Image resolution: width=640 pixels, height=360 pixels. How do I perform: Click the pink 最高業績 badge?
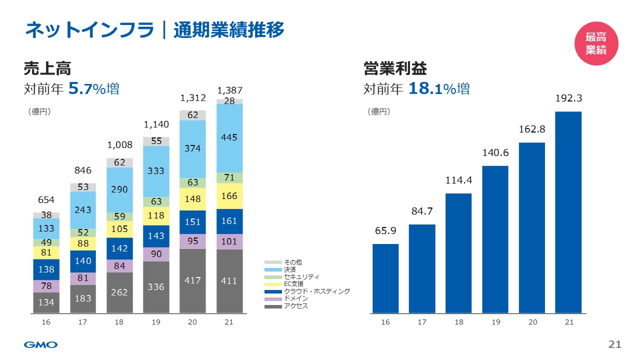[595, 43]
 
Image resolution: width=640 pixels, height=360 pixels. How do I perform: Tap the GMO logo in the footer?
[41, 344]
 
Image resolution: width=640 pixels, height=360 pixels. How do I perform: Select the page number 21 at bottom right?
[614, 344]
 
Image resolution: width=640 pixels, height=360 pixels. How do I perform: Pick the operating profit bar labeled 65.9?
[385, 278]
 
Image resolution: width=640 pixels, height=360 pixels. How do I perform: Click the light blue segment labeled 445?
[229, 138]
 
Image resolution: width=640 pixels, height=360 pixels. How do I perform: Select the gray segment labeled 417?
[192, 281]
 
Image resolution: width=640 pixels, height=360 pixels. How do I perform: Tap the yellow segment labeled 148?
[192, 199]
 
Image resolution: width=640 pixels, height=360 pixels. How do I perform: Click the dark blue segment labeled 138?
[46, 269]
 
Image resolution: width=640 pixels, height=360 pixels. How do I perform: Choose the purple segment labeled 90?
[156, 254]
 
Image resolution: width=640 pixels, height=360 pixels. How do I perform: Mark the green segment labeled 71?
[229, 177]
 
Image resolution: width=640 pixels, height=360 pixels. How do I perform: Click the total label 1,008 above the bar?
[120, 145]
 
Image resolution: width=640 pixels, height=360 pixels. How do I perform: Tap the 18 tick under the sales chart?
[119, 322]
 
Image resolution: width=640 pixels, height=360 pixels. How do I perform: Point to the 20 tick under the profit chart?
[532, 322]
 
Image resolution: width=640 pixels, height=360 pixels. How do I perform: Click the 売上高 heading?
[47, 68]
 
